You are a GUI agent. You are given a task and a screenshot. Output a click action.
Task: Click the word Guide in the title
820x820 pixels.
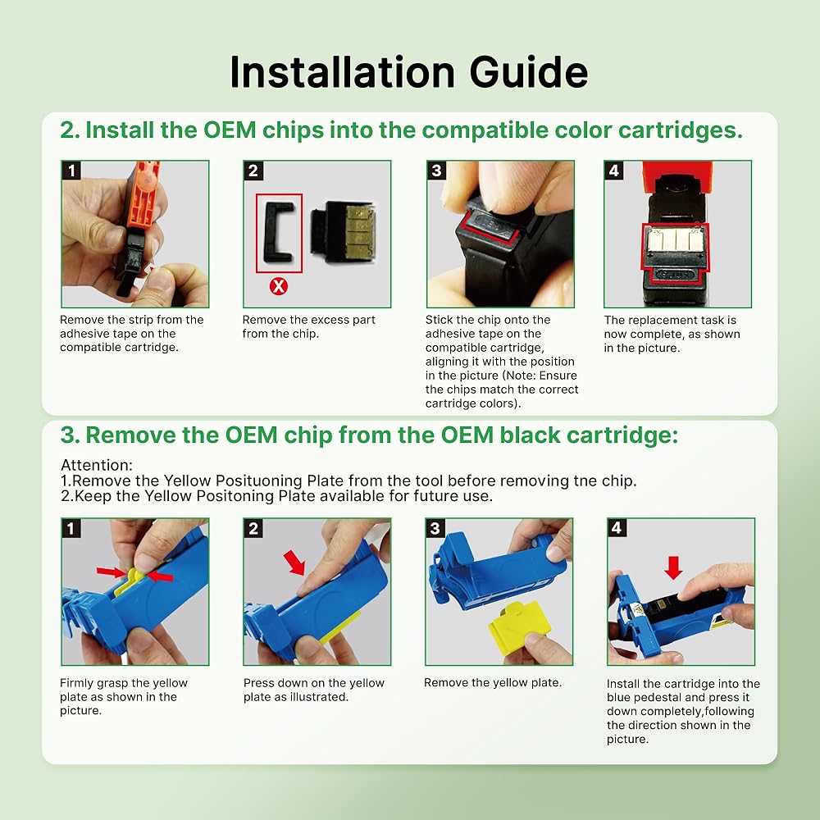pyautogui.click(x=529, y=72)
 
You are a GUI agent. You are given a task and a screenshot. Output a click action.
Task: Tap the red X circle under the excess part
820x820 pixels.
pyautogui.click(x=278, y=286)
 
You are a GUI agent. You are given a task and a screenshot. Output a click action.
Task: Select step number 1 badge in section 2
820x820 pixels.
pyautogui.click(x=71, y=171)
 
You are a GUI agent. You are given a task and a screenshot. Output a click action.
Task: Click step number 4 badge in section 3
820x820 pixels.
pyautogui.click(x=617, y=527)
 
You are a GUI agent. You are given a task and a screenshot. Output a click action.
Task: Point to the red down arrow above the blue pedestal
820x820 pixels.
pyautogui.click(x=673, y=567)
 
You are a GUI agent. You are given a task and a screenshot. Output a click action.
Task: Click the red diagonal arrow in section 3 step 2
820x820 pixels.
pyautogui.click(x=294, y=563)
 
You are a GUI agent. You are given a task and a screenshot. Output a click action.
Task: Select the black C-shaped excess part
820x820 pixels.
pyautogui.click(x=279, y=232)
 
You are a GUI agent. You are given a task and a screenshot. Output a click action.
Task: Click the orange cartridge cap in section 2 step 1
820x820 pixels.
pyautogui.click(x=142, y=194)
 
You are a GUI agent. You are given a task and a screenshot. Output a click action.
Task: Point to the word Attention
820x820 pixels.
pyautogui.click(x=97, y=465)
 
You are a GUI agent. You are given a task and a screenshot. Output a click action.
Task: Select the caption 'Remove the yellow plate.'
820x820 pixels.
pyautogui.click(x=493, y=682)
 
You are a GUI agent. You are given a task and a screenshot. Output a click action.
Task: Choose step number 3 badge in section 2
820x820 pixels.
pyautogui.click(x=436, y=171)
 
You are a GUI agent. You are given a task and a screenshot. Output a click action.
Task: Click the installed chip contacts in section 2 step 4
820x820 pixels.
pyautogui.click(x=675, y=239)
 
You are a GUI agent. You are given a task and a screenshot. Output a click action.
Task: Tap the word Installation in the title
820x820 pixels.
pyautogui.click(x=343, y=72)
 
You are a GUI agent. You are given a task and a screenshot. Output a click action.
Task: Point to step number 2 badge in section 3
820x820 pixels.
pyautogui.click(x=253, y=527)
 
